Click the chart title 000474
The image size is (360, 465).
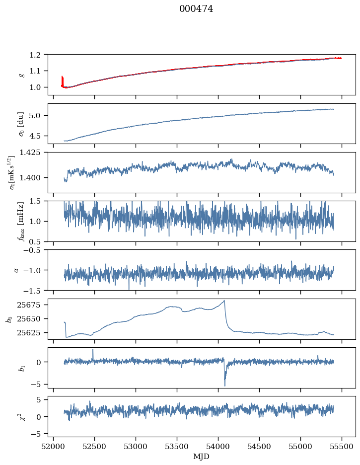[x=196, y=9]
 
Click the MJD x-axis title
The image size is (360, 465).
[x=202, y=456]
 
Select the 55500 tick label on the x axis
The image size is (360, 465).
[x=342, y=447]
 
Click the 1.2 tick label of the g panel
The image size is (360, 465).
[x=38, y=55]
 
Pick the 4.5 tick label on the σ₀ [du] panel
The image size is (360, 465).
[x=38, y=136]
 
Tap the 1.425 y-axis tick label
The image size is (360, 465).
[x=34, y=152]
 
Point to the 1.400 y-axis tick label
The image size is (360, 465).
[x=34, y=178]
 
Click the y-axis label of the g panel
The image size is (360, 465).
[x=21, y=75]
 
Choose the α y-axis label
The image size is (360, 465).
[x=16, y=270]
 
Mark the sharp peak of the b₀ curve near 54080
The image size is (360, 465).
[x=224, y=301]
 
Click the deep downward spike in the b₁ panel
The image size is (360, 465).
[x=224, y=385]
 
